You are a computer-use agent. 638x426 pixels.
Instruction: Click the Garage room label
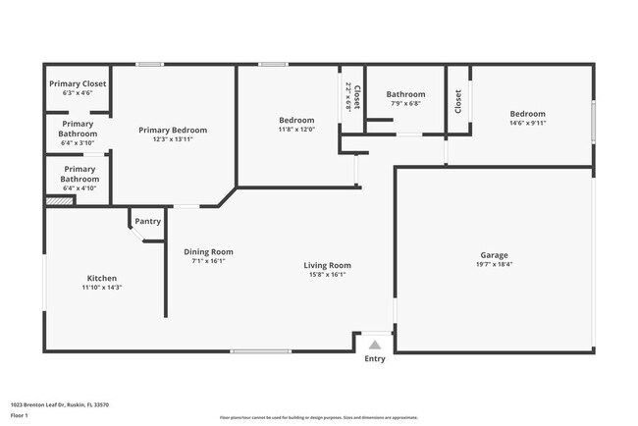tap(494, 254)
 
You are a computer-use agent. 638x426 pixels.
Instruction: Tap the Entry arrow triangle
tap(374, 345)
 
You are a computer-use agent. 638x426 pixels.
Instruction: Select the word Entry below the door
tap(375, 359)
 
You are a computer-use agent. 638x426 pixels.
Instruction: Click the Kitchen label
tap(102, 278)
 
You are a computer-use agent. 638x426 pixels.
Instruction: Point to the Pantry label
tap(147, 222)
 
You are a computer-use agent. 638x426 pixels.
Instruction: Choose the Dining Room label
tap(208, 251)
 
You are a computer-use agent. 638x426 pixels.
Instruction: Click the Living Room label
tap(327, 265)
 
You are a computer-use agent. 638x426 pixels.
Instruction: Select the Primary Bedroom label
tap(173, 130)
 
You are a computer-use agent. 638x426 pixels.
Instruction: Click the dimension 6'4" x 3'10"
tap(77, 142)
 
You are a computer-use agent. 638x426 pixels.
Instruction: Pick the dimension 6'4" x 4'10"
tap(77, 188)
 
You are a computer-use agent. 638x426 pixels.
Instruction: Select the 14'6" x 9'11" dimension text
tap(527, 124)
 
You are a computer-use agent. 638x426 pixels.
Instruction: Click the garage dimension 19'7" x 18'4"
tap(494, 264)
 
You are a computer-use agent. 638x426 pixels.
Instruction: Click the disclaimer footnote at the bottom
tap(318, 417)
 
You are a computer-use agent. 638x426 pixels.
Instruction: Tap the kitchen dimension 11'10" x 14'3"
tap(102, 289)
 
